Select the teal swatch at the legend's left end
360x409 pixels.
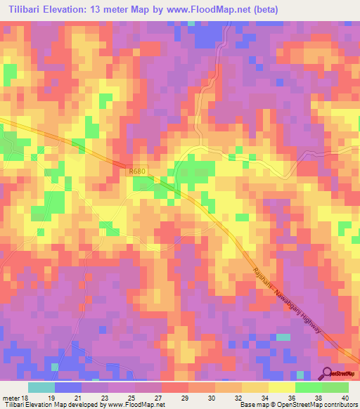point(41,387)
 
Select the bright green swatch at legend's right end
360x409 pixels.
point(335,387)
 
